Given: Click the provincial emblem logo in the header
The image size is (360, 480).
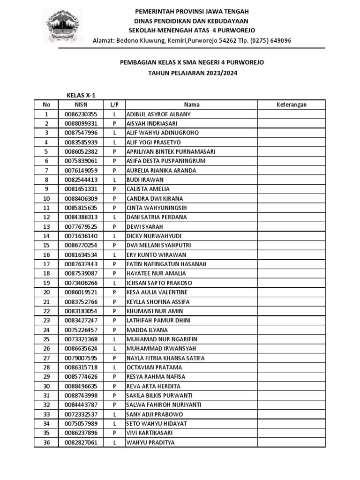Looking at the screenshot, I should pos(64,26).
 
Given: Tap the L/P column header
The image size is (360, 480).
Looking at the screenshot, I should pos(114,105).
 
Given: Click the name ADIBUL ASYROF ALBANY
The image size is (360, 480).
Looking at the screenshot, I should pos(158,114).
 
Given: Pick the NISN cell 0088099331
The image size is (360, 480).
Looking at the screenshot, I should pos(81,123).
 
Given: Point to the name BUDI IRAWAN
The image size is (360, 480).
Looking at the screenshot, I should pos(145,180).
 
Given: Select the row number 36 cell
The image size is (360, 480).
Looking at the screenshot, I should pos(46,442).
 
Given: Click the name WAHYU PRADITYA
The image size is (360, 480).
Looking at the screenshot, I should pos(150,442).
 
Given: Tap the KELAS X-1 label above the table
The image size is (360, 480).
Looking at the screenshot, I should pos(80,95).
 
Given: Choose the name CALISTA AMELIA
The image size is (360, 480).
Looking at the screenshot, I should pos(148,189).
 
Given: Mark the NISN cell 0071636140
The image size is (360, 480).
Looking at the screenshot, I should pos(81,236).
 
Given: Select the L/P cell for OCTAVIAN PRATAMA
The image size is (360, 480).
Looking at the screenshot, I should pos(114,367).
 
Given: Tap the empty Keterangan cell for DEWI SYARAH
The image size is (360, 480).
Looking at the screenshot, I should pos(291,226).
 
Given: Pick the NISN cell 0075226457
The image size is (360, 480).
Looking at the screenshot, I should pos(81,330).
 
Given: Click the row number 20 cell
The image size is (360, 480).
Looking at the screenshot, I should pos(46,292).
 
